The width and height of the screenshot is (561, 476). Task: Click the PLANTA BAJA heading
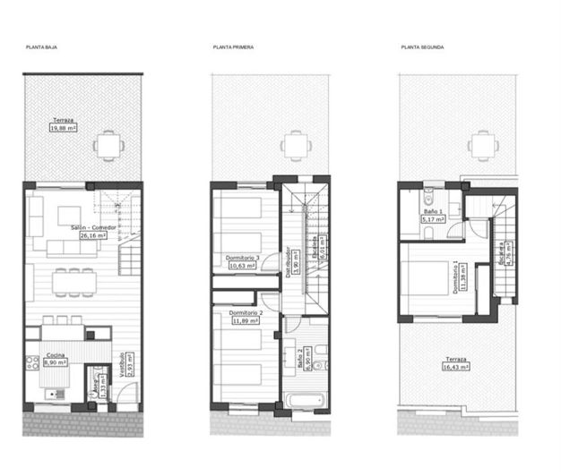[x=41, y=47]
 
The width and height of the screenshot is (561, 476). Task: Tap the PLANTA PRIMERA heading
[x=233, y=47]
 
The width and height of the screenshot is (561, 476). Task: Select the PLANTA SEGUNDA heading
[x=422, y=47]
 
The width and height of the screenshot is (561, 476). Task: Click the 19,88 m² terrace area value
[x=63, y=128]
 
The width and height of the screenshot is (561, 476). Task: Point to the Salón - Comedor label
[x=94, y=227]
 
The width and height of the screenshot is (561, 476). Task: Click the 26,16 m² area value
[x=93, y=235]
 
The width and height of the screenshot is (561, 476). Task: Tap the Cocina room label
[x=55, y=356]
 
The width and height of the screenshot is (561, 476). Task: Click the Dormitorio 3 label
[x=244, y=258]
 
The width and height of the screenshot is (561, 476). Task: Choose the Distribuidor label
[x=288, y=263]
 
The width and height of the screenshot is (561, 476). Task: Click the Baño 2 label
[x=299, y=361]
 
